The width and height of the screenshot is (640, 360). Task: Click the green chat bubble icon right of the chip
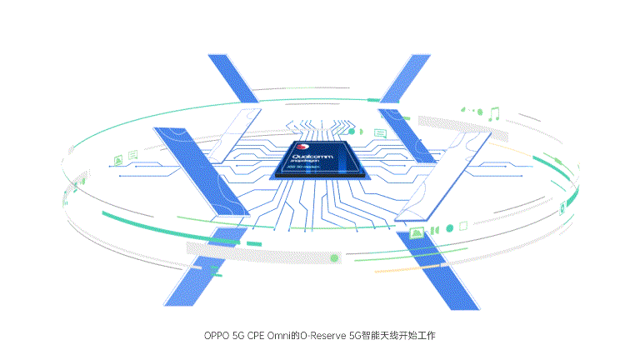[380, 132]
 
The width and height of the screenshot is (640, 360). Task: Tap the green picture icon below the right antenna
[417, 231]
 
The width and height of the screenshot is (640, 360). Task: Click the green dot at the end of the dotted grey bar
[335, 258]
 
